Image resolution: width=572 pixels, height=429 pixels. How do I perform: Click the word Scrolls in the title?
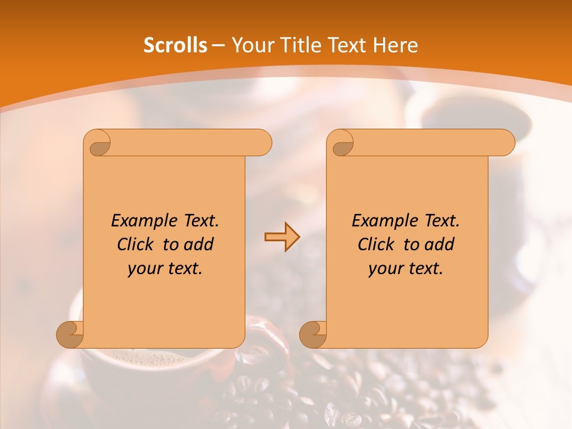click(x=175, y=45)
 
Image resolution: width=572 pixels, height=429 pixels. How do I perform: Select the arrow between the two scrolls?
click(x=282, y=237)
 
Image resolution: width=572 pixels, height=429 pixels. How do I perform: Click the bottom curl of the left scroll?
click(x=70, y=334)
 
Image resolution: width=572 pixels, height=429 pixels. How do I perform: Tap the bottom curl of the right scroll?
click(x=313, y=334)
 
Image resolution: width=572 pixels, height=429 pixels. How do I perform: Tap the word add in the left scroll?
click(x=198, y=244)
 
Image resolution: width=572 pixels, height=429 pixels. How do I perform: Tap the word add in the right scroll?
click(x=439, y=244)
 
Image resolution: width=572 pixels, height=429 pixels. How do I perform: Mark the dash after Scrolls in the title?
click(x=218, y=46)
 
